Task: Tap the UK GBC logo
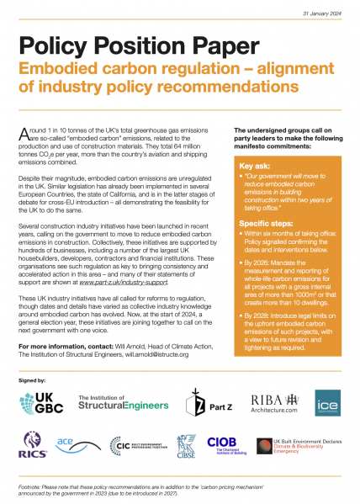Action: click(40, 403)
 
